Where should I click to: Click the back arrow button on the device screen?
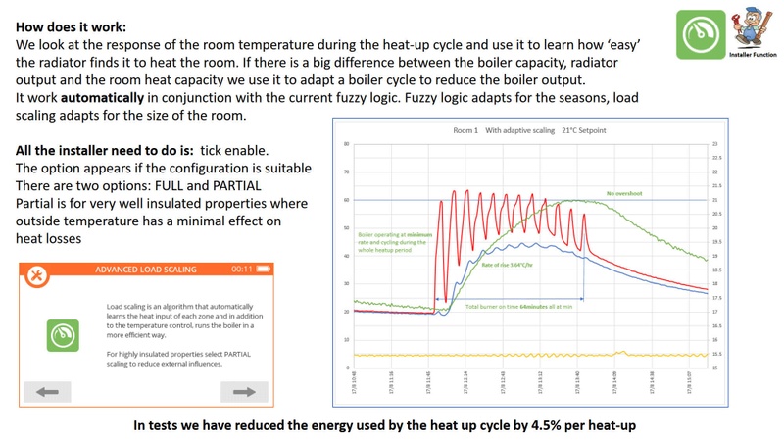coord(46,393)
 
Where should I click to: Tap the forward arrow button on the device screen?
coord(237,393)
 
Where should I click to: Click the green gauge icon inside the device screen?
coord(64,335)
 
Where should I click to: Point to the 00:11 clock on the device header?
coord(241,269)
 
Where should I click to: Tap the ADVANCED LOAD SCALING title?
coord(145,269)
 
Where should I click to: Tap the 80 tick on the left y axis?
coord(347,144)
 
